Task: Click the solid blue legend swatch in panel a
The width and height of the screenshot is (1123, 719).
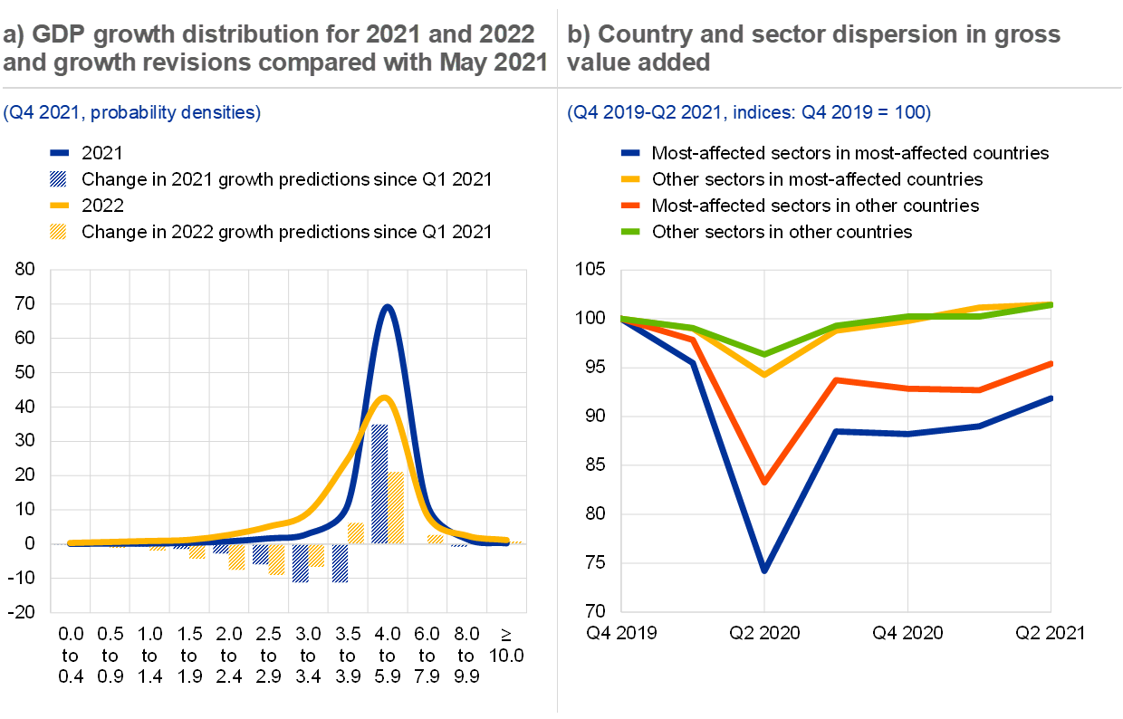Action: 59,154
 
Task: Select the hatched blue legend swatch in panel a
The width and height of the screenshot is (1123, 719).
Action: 59,178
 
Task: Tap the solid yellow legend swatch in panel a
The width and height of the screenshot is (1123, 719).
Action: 59,205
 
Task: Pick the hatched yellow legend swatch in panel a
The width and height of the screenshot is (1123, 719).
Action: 59,231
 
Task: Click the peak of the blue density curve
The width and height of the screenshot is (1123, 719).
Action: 388,306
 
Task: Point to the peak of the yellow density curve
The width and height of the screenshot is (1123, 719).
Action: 385,398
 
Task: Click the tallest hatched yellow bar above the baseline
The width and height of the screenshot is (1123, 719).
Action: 396,507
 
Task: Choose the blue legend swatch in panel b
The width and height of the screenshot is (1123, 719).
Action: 630,154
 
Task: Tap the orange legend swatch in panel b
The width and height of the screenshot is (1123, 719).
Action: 630,206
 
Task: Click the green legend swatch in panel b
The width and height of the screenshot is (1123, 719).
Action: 630,232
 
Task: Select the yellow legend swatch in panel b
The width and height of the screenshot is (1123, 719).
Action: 630,179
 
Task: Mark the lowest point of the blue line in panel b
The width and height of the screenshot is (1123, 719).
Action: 764,570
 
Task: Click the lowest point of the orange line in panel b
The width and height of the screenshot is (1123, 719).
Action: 764,483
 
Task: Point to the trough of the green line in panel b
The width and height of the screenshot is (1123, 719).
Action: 764,354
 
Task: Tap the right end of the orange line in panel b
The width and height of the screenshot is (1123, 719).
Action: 1051,363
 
